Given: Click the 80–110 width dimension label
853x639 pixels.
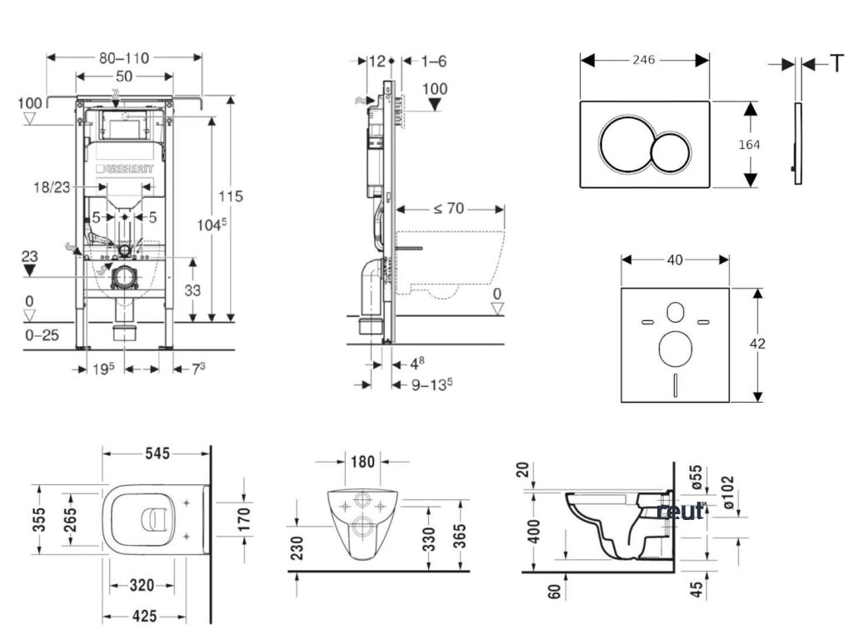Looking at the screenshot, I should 124,58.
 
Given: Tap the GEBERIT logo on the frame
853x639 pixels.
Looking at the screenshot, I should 128,169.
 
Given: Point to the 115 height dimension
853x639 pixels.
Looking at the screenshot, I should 232,196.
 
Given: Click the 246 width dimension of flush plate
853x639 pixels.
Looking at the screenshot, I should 644,60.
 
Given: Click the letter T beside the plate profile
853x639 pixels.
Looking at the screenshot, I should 836,63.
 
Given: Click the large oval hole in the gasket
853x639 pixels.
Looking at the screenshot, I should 675,348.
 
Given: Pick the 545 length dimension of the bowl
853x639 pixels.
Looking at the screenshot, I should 157,453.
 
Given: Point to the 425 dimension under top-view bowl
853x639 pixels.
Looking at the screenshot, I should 140,617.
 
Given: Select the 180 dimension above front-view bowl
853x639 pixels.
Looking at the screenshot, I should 363,461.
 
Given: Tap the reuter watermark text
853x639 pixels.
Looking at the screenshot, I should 681,510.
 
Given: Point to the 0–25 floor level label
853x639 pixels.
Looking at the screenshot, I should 42,335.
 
